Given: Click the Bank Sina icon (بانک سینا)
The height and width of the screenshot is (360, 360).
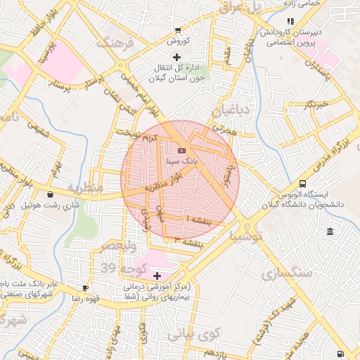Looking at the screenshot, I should pos(182,150).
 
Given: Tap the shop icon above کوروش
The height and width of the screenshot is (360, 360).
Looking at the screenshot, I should pos(177,30).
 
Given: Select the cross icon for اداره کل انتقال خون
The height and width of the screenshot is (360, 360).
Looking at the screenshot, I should pos(176,56).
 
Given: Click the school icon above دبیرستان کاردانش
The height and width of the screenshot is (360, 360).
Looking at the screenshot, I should pos(290,21).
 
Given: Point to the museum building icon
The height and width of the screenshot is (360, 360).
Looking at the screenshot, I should pos(330,232).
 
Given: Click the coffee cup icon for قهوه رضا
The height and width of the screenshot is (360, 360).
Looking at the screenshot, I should pos(85,288).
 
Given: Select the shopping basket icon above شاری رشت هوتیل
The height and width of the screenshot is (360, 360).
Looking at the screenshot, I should pos(50,195).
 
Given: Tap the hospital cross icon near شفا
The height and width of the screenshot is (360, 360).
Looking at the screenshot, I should pos(156,276).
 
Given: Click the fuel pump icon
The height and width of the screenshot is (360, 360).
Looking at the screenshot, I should pos(340,354).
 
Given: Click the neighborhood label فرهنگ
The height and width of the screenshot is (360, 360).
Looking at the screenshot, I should pos(115,43).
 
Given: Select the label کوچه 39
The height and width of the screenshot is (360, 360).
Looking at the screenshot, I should pos(120,268).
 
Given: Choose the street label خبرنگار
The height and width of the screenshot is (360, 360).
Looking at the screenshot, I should pos(316,104).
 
